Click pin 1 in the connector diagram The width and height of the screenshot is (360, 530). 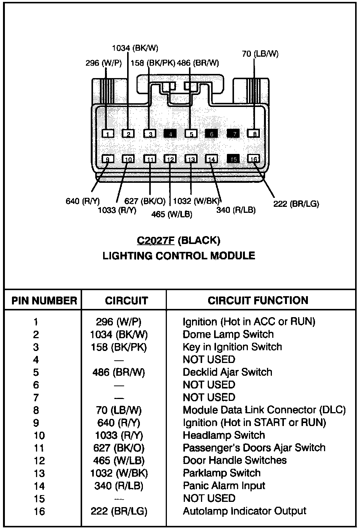(108, 134)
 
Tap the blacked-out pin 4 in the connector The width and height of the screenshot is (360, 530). (170, 134)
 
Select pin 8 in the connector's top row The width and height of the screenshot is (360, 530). (254, 134)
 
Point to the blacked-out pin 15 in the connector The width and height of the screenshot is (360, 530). (233, 159)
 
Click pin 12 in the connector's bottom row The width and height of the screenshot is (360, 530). (170, 159)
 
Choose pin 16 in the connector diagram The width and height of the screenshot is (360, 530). (254, 159)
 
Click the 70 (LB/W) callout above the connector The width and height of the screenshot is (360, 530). (260, 54)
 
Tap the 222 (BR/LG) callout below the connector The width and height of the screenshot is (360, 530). (296, 204)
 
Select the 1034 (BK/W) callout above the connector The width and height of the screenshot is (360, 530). (135, 48)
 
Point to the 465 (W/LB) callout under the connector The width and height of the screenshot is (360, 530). (172, 214)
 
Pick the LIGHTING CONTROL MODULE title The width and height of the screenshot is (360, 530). (179, 256)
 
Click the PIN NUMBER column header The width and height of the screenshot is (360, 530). (44, 301)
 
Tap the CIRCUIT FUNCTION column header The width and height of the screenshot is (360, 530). (258, 300)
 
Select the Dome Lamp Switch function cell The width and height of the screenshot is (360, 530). (228, 334)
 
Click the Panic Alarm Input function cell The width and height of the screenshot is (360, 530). (224, 486)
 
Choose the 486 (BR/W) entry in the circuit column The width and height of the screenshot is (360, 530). (118, 372)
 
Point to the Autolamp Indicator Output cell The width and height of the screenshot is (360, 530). (244, 511)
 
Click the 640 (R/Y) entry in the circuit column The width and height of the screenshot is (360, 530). (118, 423)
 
